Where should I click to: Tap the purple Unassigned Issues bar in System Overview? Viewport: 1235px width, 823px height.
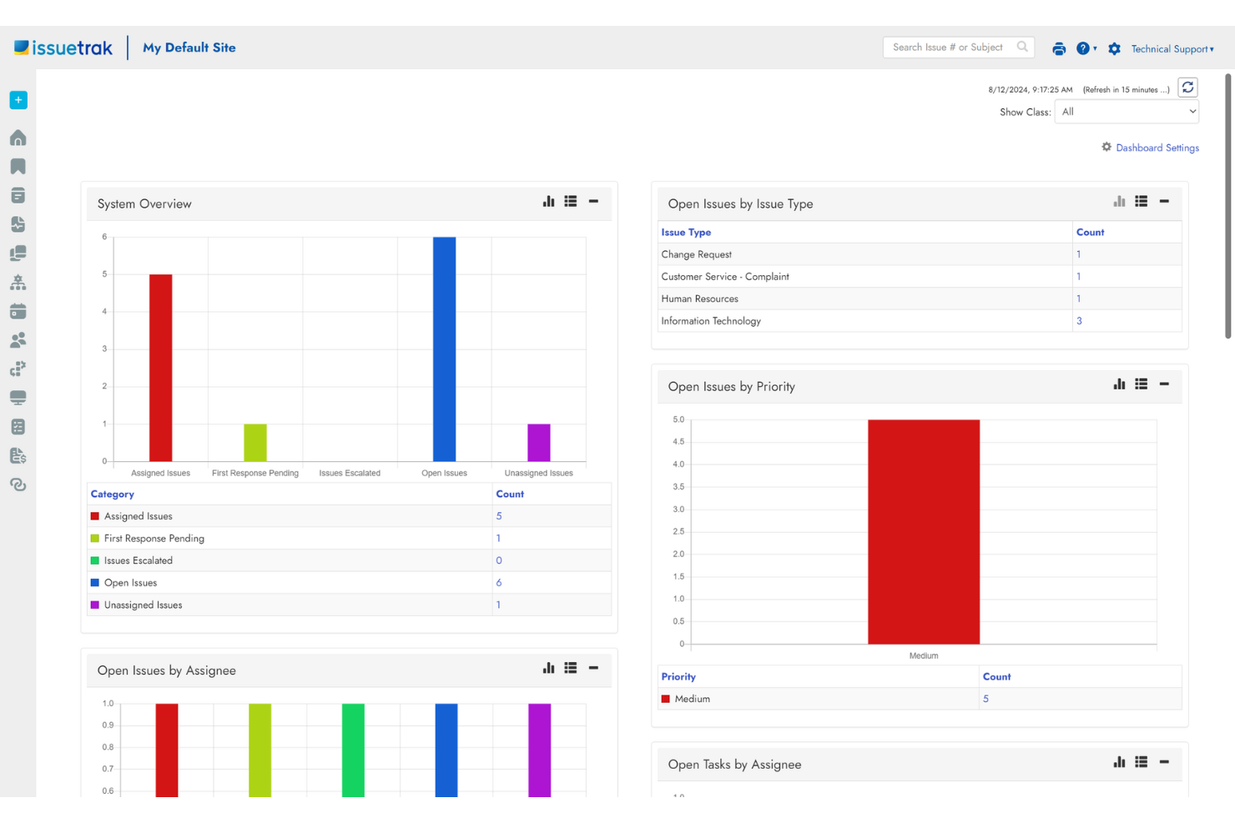[538, 443]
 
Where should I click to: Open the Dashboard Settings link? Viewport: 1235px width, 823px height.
[1157, 148]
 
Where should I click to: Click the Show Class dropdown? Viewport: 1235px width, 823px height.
[1127, 112]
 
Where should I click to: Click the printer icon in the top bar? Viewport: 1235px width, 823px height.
[1059, 48]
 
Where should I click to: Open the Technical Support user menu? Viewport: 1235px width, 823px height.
[1172, 49]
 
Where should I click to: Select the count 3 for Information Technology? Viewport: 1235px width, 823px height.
[1079, 321]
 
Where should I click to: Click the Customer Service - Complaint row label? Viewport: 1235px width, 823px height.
[724, 277]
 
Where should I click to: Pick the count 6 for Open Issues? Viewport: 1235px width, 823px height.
[499, 583]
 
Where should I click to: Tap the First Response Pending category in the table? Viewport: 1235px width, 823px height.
[154, 539]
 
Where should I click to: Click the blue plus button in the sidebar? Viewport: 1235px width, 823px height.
[18, 100]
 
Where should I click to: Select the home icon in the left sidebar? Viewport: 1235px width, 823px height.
[18, 138]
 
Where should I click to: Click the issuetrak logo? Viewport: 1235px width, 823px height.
[63, 48]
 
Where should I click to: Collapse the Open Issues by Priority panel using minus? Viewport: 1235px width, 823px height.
[1164, 384]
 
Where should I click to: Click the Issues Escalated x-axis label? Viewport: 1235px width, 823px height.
[350, 473]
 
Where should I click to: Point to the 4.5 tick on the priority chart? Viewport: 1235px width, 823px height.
[678, 442]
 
